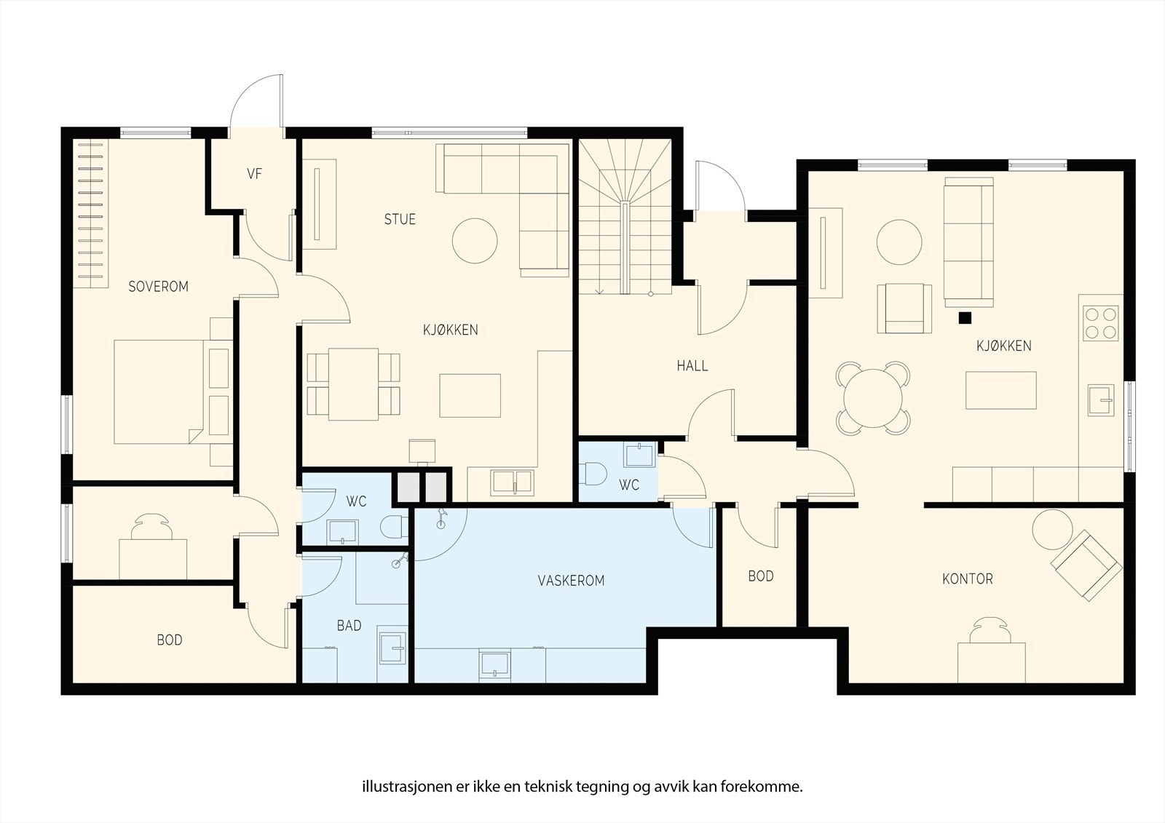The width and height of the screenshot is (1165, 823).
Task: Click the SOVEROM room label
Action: [x=158, y=287]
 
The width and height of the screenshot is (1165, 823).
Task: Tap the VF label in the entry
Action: [x=254, y=174]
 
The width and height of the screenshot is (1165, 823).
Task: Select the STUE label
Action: [x=400, y=220]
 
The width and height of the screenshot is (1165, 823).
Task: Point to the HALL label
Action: [x=692, y=366]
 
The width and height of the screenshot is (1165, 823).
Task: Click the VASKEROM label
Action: [x=571, y=581]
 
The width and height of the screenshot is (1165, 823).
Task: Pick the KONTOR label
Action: [x=968, y=579]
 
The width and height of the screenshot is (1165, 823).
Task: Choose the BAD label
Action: [x=349, y=626]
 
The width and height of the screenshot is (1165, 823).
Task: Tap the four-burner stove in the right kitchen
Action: [x=1100, y=323]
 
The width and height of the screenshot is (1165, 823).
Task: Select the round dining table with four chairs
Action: [x=873, y=398]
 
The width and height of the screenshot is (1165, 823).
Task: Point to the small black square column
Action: [x=965, y=318]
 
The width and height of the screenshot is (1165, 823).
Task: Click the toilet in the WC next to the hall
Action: [x=593, y=474]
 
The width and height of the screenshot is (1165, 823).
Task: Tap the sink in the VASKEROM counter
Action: [x=494, y=664]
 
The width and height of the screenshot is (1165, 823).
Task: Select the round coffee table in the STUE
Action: [x=474, y=241]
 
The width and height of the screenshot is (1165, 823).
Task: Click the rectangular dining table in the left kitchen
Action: [x=353, y=384]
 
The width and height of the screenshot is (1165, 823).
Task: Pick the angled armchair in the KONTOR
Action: [x=1086, y=565]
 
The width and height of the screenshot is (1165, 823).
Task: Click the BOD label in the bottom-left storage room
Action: [x=170, y=640]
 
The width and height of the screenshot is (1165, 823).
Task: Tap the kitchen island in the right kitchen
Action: [x=1000, y=390]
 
